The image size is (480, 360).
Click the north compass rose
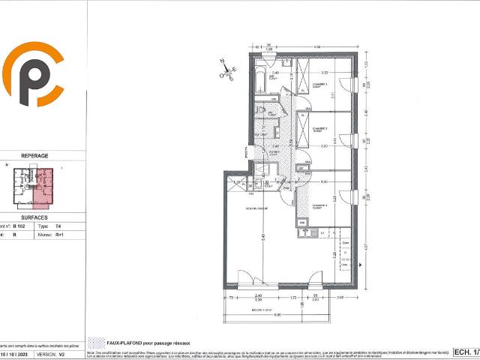(227, 70)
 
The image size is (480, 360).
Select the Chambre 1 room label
(322, 85)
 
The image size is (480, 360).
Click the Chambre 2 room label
(322, 128)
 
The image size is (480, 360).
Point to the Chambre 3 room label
(322, 206)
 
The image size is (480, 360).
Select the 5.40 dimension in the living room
(263, 237)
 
